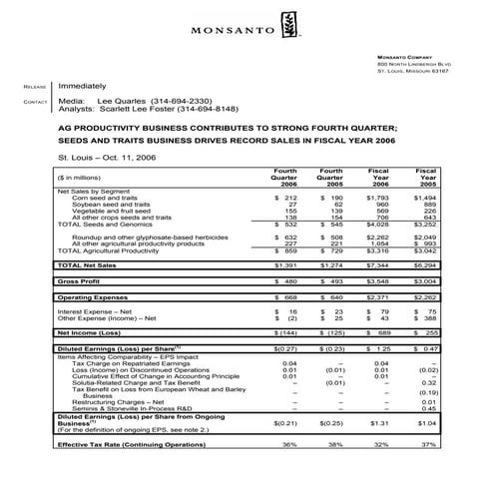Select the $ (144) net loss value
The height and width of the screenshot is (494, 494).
284,329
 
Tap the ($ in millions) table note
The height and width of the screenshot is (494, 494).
90,179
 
